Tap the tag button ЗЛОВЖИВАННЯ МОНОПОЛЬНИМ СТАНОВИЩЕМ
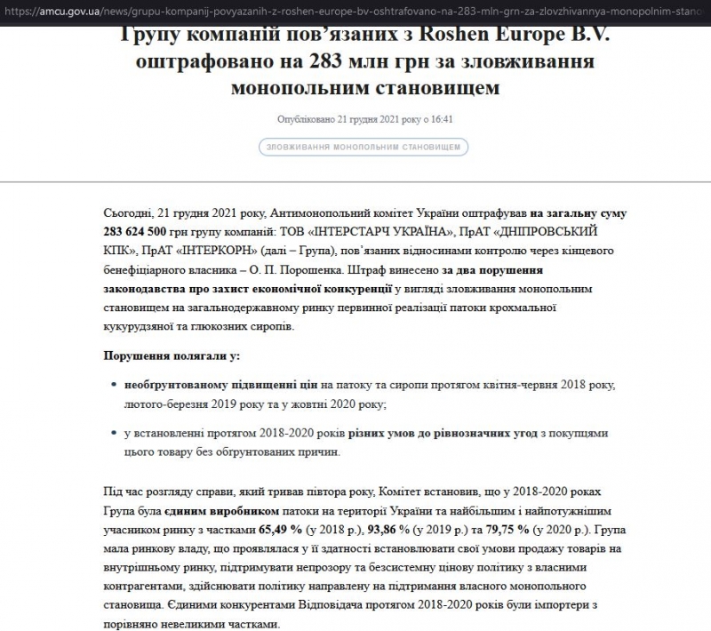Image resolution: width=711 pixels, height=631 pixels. click(363, 148)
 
